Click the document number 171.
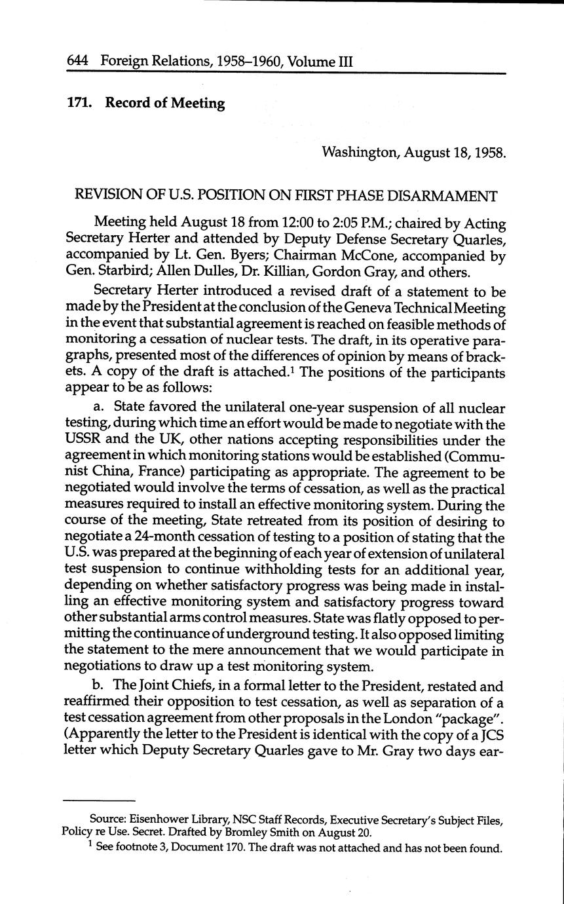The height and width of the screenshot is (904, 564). pyautogui.click(x=81, y=104)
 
